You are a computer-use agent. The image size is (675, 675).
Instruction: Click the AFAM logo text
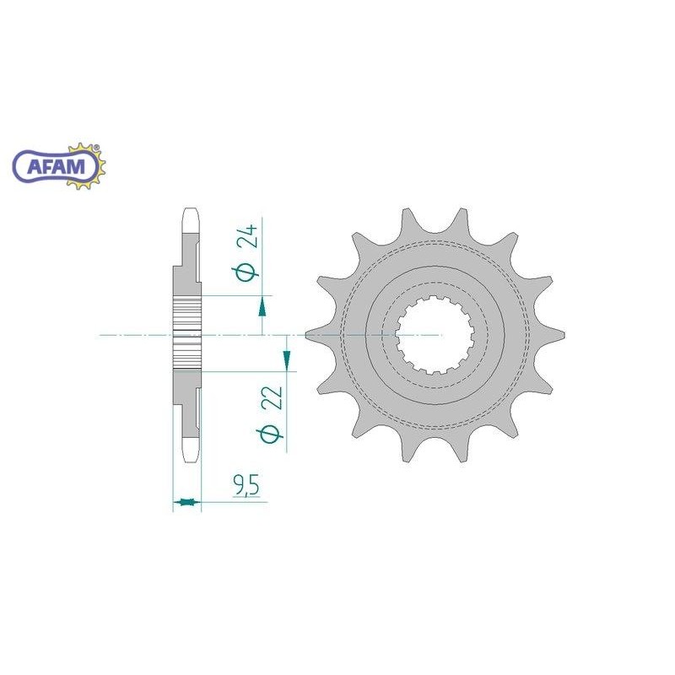(x=56, y=165)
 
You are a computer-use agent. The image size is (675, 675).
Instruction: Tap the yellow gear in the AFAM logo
(x=89, y=165)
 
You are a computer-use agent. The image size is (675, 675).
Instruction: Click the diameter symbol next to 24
(x=246, y=273)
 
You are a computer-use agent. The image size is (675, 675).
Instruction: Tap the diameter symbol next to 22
(x=270, y=434)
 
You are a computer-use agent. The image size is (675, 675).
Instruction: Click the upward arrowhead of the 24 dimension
(x=262, y=307)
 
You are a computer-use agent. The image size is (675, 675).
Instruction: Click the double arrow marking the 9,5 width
(x=186, y=501)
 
